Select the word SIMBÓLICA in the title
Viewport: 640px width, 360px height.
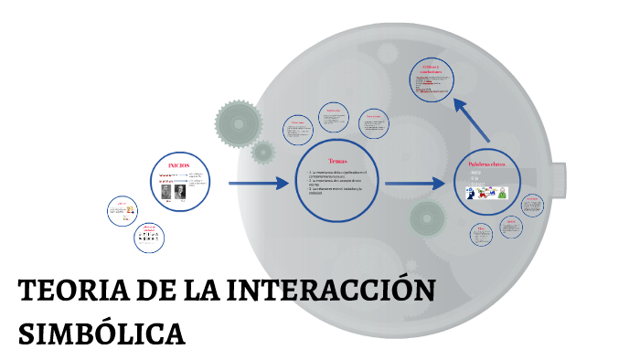coord(101,333)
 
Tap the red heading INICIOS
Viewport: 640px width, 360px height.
coord(178,164)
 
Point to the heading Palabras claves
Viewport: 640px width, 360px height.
coord(486,165)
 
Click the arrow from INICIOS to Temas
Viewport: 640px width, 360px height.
coord(257,184)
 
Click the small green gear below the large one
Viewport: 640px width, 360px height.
coord(263,152)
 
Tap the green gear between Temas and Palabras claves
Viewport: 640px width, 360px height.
coord(428,218)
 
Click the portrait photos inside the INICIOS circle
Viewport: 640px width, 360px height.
coord(175,193)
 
